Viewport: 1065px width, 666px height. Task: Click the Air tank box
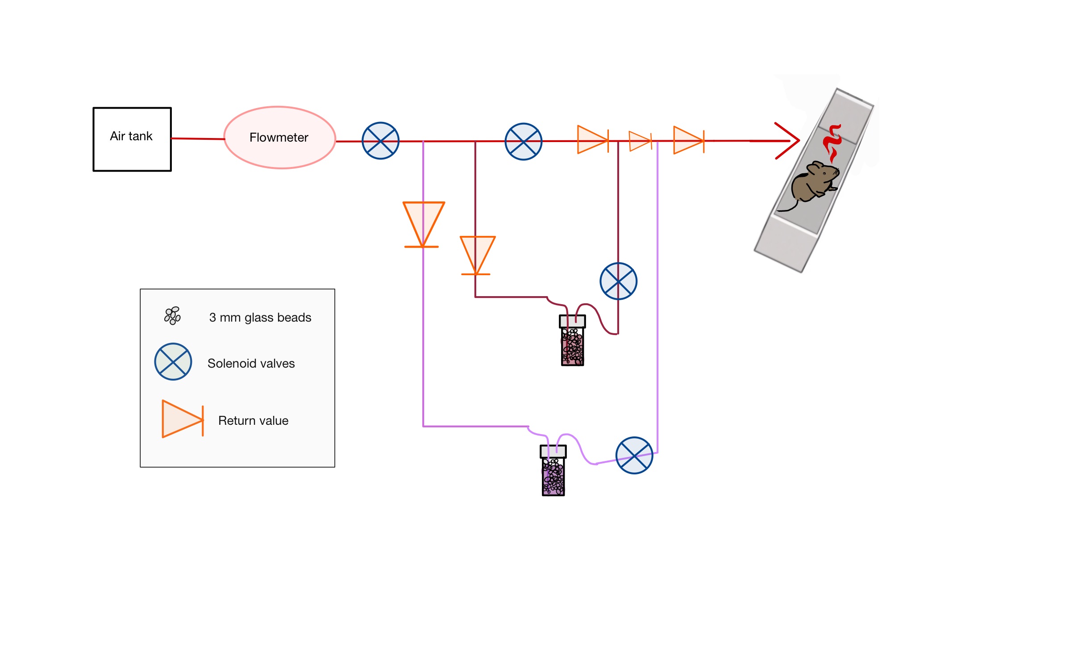point(132,139)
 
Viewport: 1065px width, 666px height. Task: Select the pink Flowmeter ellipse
point(279,138)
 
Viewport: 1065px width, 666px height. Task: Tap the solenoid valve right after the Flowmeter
point(380,141)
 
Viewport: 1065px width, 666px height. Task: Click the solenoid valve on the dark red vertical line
point(618,281)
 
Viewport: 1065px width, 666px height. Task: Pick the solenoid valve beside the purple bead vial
point(634,455)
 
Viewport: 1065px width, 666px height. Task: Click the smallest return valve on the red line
point(640,141)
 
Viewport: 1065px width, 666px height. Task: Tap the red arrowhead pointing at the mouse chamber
point(788,141)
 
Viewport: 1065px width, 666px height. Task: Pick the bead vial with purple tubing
point(553,471)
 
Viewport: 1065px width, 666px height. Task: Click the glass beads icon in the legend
point(172,315)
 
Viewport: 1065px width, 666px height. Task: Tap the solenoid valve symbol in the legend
point(173,361)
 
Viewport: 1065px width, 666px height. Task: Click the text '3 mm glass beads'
point(260,318)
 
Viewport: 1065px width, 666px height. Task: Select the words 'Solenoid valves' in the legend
point(251,364)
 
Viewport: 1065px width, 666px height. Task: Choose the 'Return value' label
point(253,421)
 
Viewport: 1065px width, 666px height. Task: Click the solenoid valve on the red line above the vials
point(523,142)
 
